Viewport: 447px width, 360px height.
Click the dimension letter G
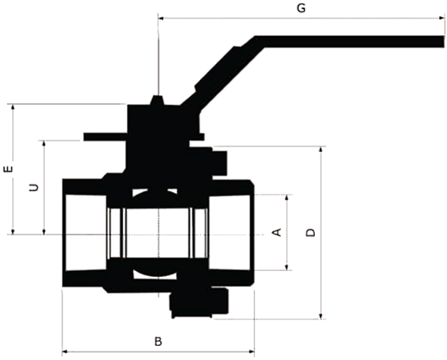click(301, 8)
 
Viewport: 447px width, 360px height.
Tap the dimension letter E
click(8, 169)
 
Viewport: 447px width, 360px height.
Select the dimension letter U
click(34, 187)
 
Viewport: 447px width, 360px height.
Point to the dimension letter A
click(277, 232)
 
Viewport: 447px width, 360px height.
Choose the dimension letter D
click(311, 233)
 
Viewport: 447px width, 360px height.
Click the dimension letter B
click(159, 341)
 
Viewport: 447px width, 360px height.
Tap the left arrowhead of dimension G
click(161, 18)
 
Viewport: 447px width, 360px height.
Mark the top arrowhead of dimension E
click(12, 107)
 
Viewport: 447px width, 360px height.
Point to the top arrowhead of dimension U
click(43, 144)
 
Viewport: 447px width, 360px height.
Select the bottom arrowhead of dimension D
click(321, 315)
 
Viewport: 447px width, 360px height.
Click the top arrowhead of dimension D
click(321, 150)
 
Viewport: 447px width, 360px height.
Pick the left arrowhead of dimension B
click(66, 352)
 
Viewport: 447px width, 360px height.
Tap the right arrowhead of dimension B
click(251, 352)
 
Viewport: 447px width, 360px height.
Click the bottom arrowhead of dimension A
click(287, 267)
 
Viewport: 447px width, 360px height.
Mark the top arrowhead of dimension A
click(287, 198)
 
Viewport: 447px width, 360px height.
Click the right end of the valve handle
click(444, 42)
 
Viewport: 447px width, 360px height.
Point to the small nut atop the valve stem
click(157, 100)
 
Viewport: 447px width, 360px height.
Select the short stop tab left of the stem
click(106, 137)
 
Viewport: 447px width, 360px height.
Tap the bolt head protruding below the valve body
click(199, 303)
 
